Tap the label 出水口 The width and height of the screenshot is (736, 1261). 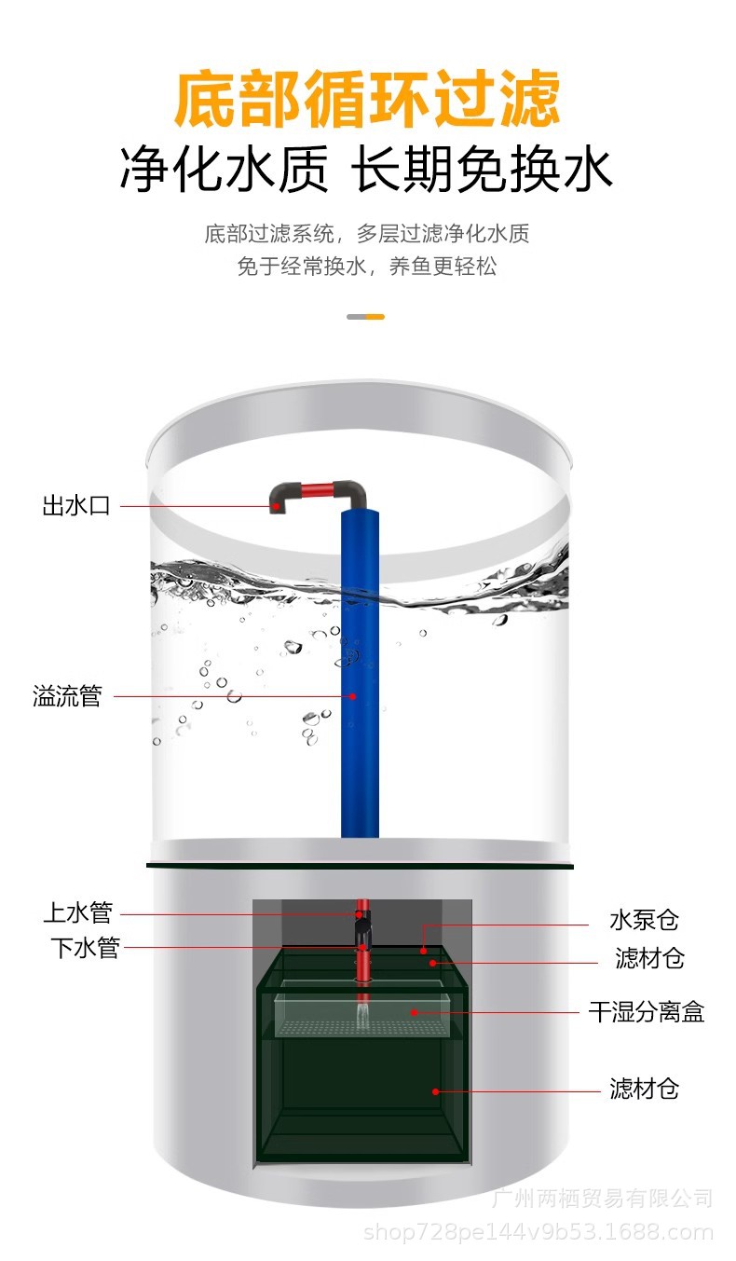click(76, 506)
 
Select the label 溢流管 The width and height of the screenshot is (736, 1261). click(67, 696)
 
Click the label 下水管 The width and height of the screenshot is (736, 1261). click(85, 949)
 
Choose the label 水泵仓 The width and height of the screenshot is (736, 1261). click(645, 921)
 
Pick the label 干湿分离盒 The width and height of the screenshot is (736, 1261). click(647, 1012)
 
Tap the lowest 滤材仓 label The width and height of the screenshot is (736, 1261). click(645, 1089)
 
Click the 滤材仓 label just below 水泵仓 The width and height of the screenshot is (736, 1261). click(649, 958)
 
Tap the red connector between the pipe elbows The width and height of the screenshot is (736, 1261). click(318, 488)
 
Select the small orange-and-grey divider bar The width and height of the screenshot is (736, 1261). click(365, 317)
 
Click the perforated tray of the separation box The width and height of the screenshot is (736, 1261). click(363, 1028)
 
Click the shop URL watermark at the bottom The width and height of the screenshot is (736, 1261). click(538, 1234)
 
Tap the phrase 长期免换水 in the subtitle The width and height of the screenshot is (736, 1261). click(483, 171)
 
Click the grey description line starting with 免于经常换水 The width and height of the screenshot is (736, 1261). click(367, 267)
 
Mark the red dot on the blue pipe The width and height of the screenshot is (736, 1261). click(353, 695)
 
